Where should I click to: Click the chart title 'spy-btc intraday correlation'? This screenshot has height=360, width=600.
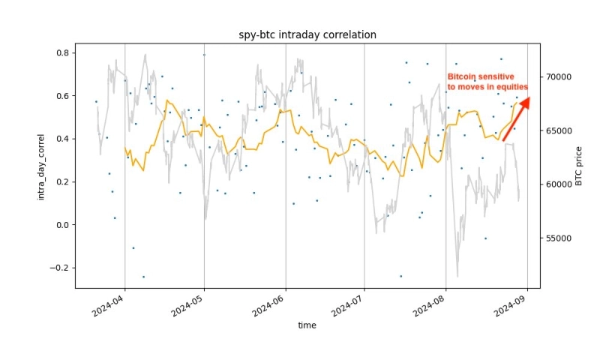303,35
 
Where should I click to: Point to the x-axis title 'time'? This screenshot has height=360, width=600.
307,325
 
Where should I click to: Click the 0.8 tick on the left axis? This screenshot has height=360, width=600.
61,53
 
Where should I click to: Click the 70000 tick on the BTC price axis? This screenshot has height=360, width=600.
558,77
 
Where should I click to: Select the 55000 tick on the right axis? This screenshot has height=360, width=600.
558,238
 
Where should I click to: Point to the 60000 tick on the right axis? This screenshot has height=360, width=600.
558,184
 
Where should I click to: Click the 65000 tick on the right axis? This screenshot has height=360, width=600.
558,130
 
